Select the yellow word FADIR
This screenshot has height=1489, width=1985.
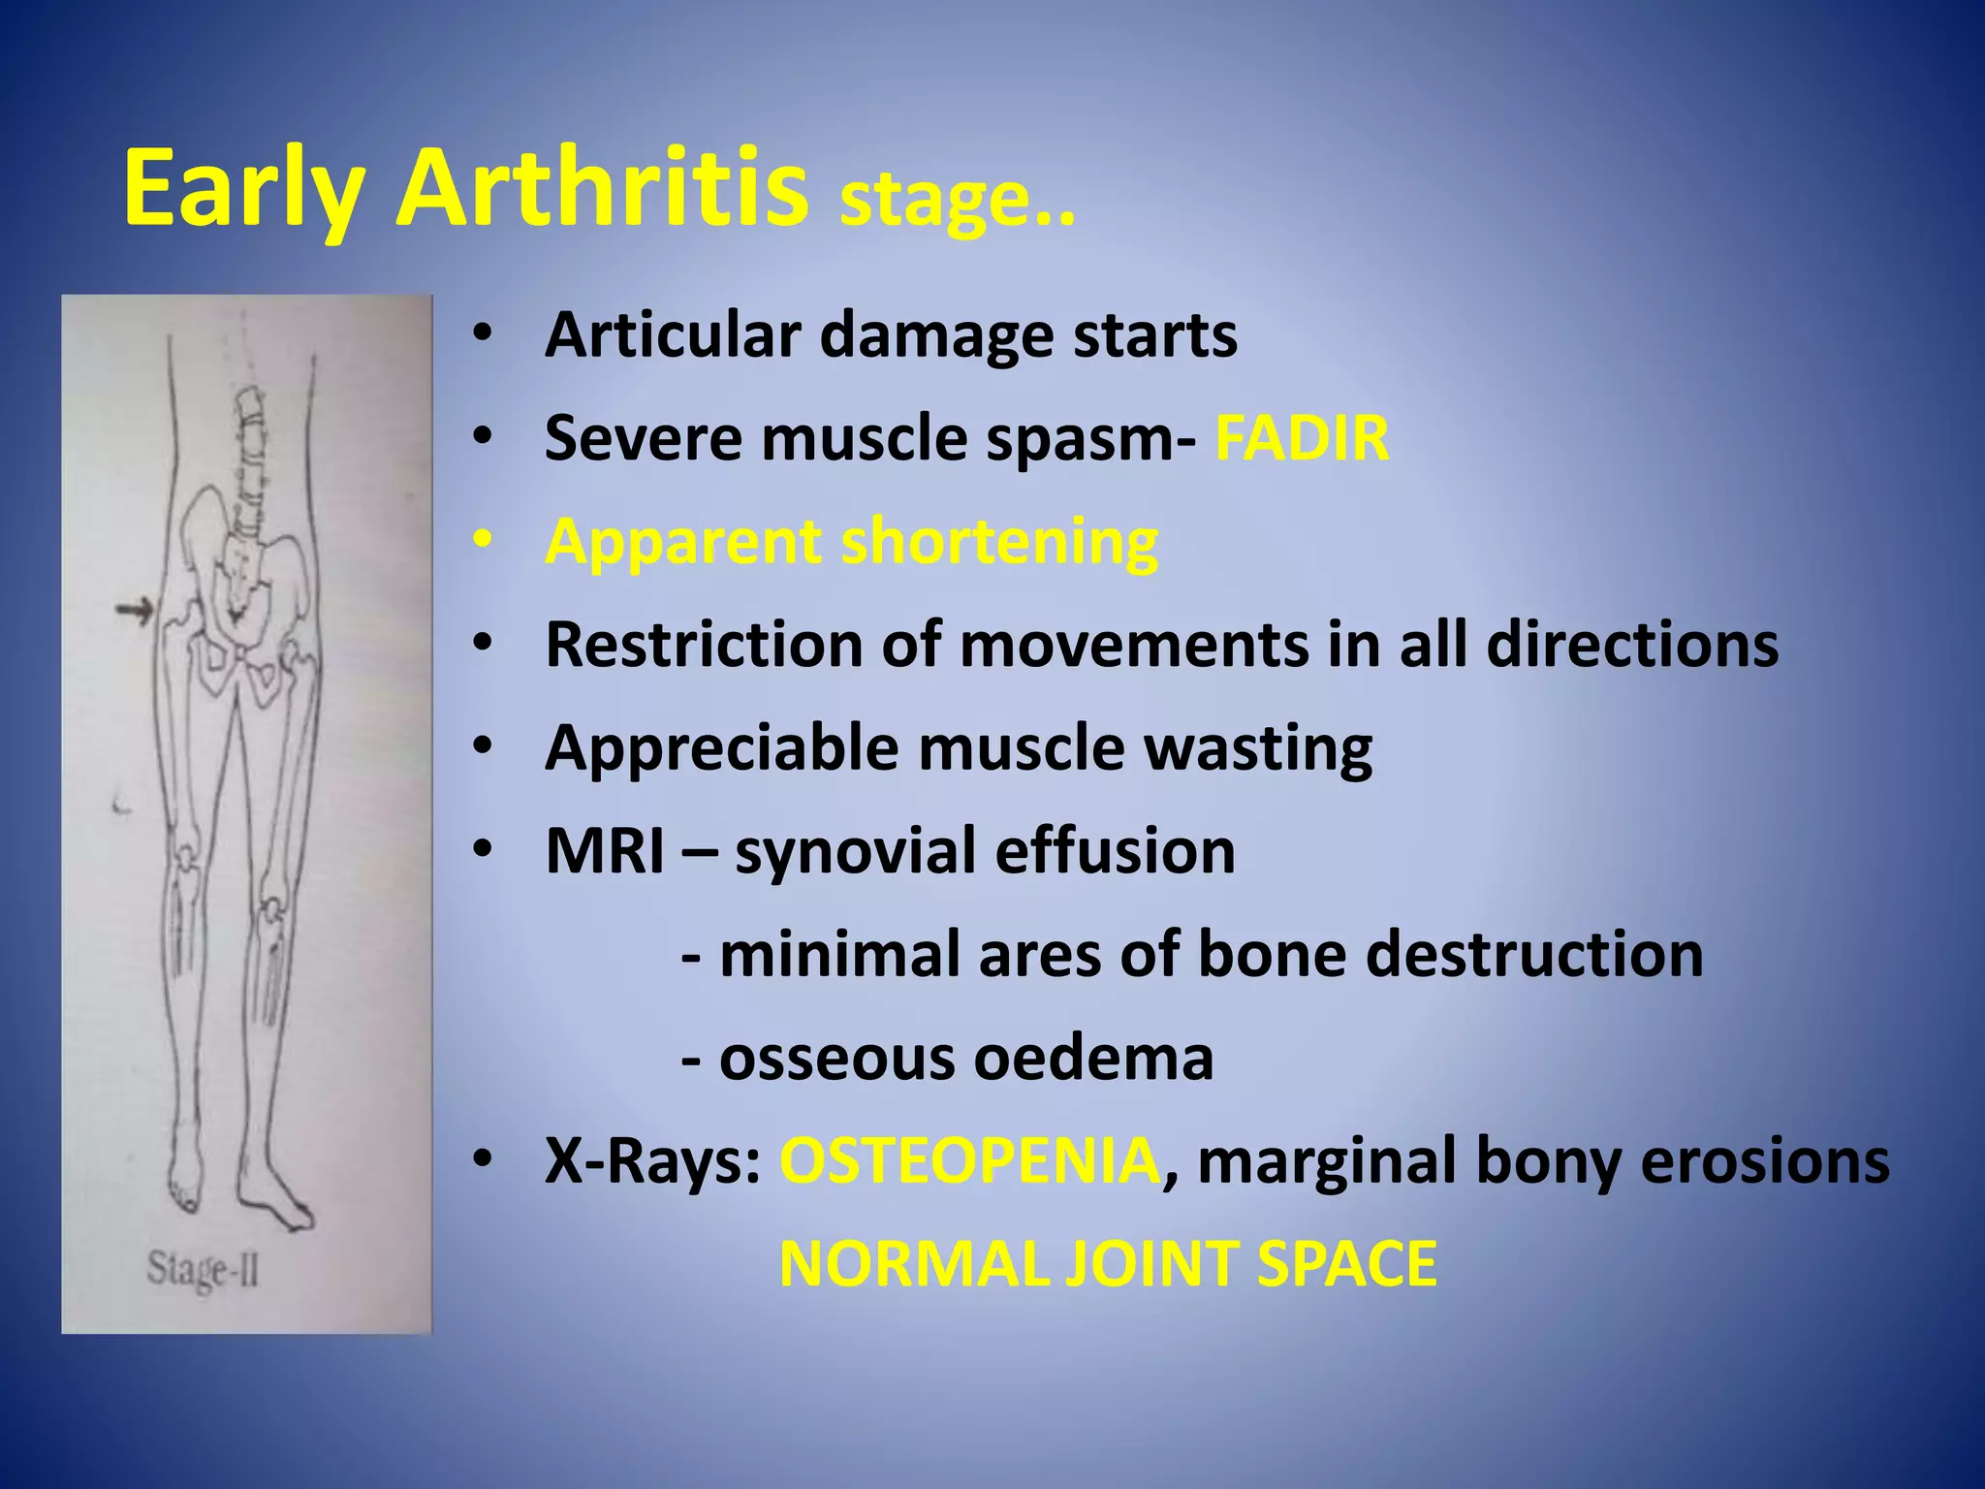click(1302, 438)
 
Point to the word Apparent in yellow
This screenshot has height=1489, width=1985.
click(682, 543)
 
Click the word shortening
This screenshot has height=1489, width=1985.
click(999, 541)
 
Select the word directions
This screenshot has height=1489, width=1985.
click(1632, 645)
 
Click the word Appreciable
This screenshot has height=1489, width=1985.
click(722, 749)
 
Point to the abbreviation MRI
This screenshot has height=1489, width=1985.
click(605, 852)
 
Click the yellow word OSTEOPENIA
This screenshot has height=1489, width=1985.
click(969, 1161)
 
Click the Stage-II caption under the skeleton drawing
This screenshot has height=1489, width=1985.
click(203, 1270)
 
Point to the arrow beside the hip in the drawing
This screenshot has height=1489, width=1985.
click(135, 611)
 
